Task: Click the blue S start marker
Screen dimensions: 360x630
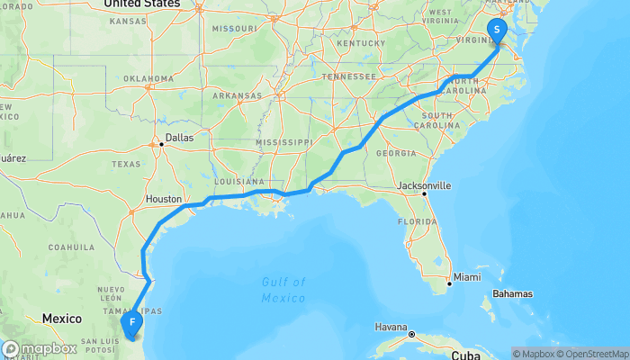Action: (496, 30)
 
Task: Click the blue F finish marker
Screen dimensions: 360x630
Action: (132, 321)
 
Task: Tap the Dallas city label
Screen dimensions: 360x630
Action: (180, 138)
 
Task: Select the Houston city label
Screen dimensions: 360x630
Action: (165, 199)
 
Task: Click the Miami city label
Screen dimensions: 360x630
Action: (466, 276)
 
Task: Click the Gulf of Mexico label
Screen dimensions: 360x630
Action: (284, 290)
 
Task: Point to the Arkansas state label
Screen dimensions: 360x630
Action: (238, 95)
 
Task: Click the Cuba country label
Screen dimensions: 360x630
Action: (466, 355)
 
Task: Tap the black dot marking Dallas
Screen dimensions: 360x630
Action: (161, 142)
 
